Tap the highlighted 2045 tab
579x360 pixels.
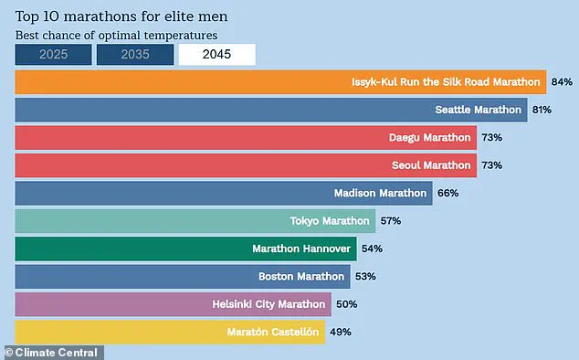216,55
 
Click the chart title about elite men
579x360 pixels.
121,16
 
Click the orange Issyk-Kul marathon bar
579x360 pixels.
280,82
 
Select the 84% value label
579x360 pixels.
561,82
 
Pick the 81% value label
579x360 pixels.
542,111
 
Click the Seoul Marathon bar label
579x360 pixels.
433,165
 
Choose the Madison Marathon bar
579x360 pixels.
223,193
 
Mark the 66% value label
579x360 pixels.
447,194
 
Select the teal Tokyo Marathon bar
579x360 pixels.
195,221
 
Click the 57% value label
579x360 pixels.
390,221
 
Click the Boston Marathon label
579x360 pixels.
302,276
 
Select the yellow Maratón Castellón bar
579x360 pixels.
170,331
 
